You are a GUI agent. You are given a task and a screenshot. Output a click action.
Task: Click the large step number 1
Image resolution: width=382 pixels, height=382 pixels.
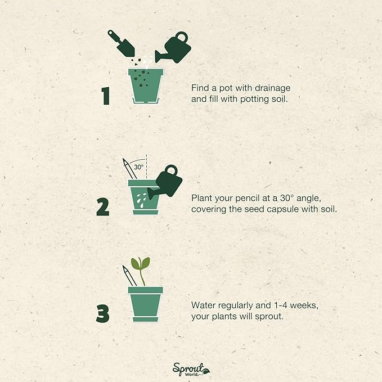[x=105, y=96]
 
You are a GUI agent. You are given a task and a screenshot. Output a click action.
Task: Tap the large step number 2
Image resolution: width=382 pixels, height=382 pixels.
[x=103, y=207]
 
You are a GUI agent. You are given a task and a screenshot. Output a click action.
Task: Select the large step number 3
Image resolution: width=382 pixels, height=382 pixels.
[x=102, y=313]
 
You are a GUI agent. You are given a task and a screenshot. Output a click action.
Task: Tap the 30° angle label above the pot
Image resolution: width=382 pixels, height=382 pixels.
[x=139, y=167]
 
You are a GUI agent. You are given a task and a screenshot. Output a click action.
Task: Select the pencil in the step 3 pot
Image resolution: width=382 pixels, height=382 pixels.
[x=129, y=276]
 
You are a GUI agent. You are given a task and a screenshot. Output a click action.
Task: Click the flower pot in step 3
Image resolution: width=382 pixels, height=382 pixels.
[x=145, y=304]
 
